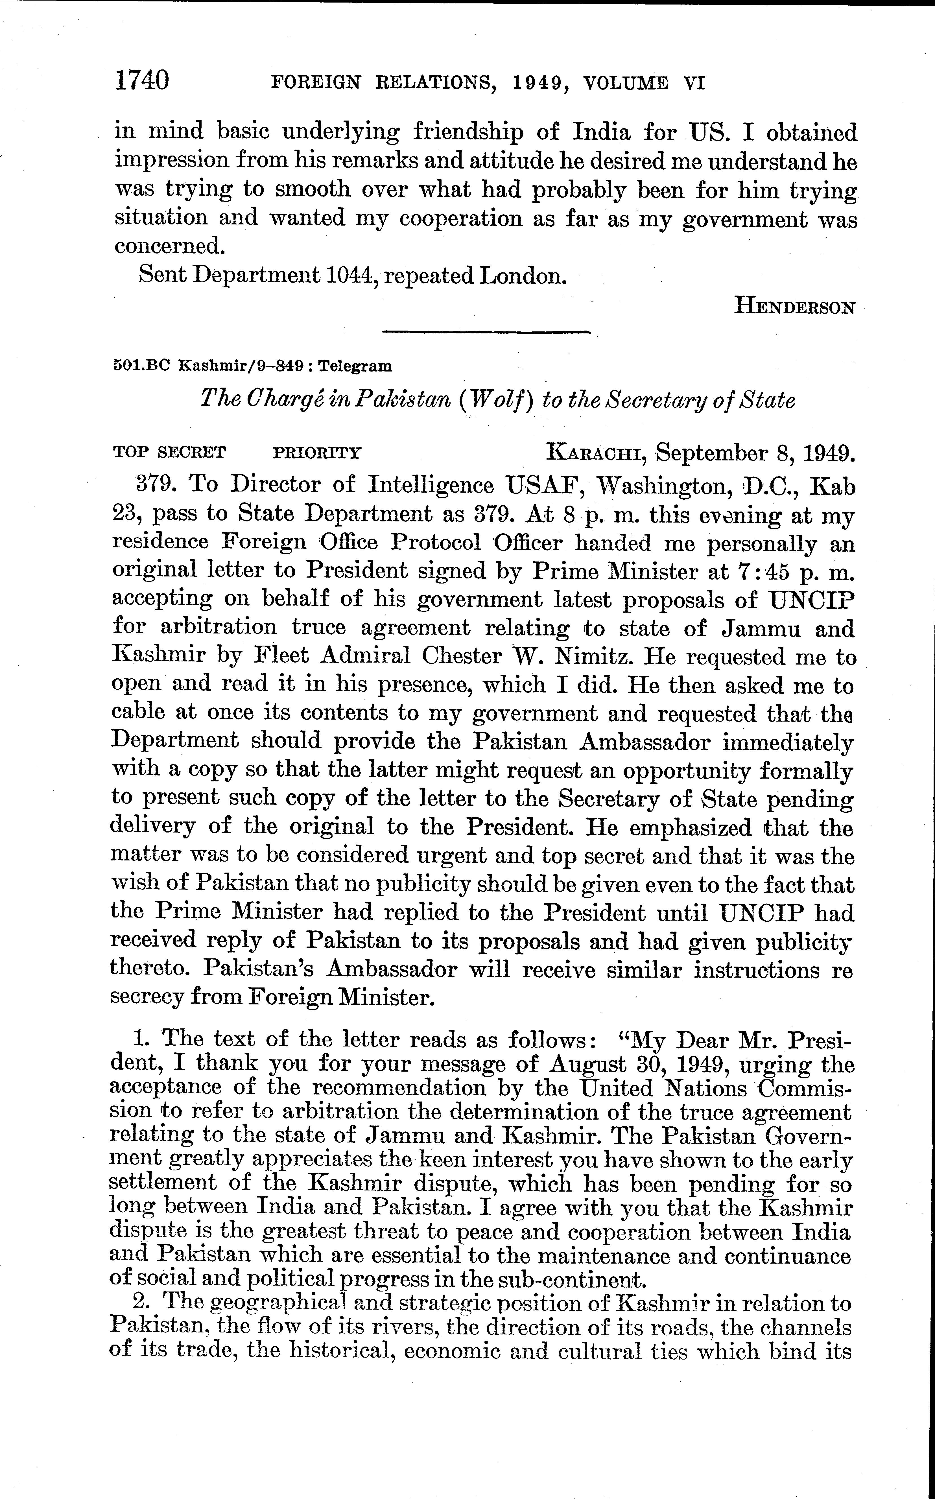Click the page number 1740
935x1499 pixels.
click(x=142, y=81)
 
